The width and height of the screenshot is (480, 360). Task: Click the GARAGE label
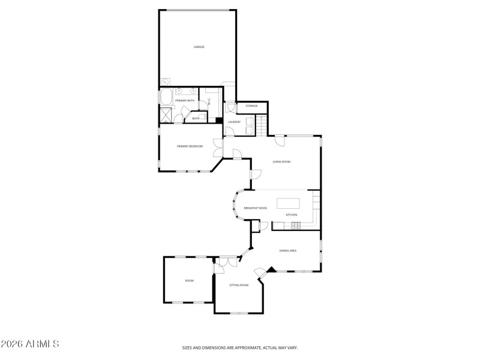coord(199,47)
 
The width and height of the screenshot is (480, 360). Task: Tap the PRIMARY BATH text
coord(185,100)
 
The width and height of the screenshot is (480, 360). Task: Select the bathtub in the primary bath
coord(165,97)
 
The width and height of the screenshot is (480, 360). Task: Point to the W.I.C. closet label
coord(209,101)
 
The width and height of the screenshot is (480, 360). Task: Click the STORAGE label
coord(251,106)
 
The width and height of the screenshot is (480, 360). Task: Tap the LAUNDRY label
coord(234,122)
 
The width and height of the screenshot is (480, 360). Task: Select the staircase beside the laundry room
coord(260,125)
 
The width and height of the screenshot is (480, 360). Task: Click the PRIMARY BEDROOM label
coord(190,146)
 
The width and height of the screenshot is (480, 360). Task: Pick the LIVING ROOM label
coord(281,161)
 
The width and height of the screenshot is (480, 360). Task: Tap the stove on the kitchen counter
coord(295,226)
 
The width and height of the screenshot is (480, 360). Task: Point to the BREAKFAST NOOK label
coord(255,208)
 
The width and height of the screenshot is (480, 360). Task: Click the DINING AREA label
coord(288,251)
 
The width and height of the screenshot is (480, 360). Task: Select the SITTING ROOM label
coord(239,285)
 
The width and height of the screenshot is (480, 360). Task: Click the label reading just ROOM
coord(189,281)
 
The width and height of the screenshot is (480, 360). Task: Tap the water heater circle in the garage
coord(164,83)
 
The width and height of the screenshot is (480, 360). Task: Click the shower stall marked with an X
coord(166,114)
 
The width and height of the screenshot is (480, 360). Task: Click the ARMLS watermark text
coord(30,344)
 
